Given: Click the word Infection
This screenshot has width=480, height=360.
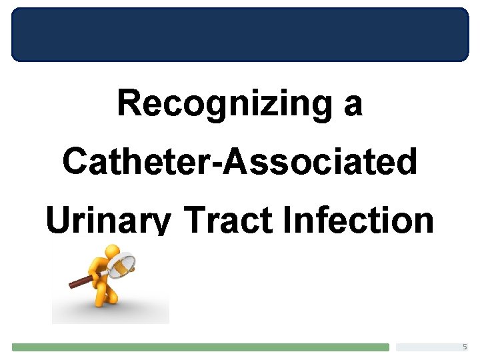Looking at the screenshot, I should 358,221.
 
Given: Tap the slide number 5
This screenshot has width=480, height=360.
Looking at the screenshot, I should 465,347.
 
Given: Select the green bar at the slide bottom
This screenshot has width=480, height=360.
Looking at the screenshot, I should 200,347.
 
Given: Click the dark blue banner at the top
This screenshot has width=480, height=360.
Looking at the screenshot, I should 240,35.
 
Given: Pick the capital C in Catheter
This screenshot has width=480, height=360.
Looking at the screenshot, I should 75,162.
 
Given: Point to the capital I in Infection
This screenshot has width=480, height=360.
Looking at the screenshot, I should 288,221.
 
